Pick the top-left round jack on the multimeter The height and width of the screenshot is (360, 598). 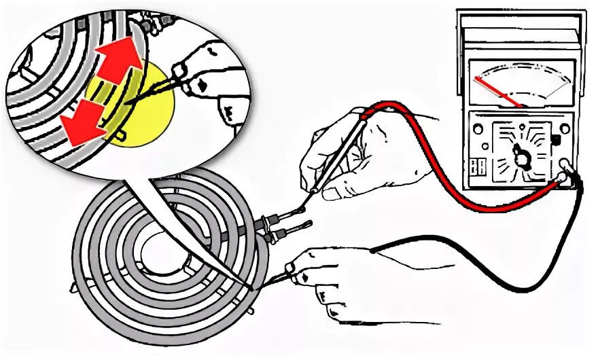478,128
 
